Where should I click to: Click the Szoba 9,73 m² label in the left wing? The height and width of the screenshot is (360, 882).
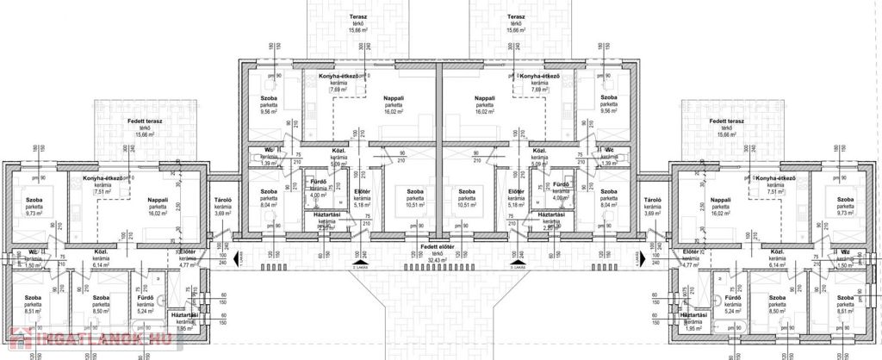pyautogui.click(x=34, y=206)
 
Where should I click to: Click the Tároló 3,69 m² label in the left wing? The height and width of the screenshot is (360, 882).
pyautogui.click(x=224, y=206)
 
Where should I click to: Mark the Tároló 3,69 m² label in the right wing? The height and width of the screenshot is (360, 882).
pyautogui.click(x=652, y=206)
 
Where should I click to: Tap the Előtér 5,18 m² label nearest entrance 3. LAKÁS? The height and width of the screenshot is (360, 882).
pyautogui.click(x=517, y=196)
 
